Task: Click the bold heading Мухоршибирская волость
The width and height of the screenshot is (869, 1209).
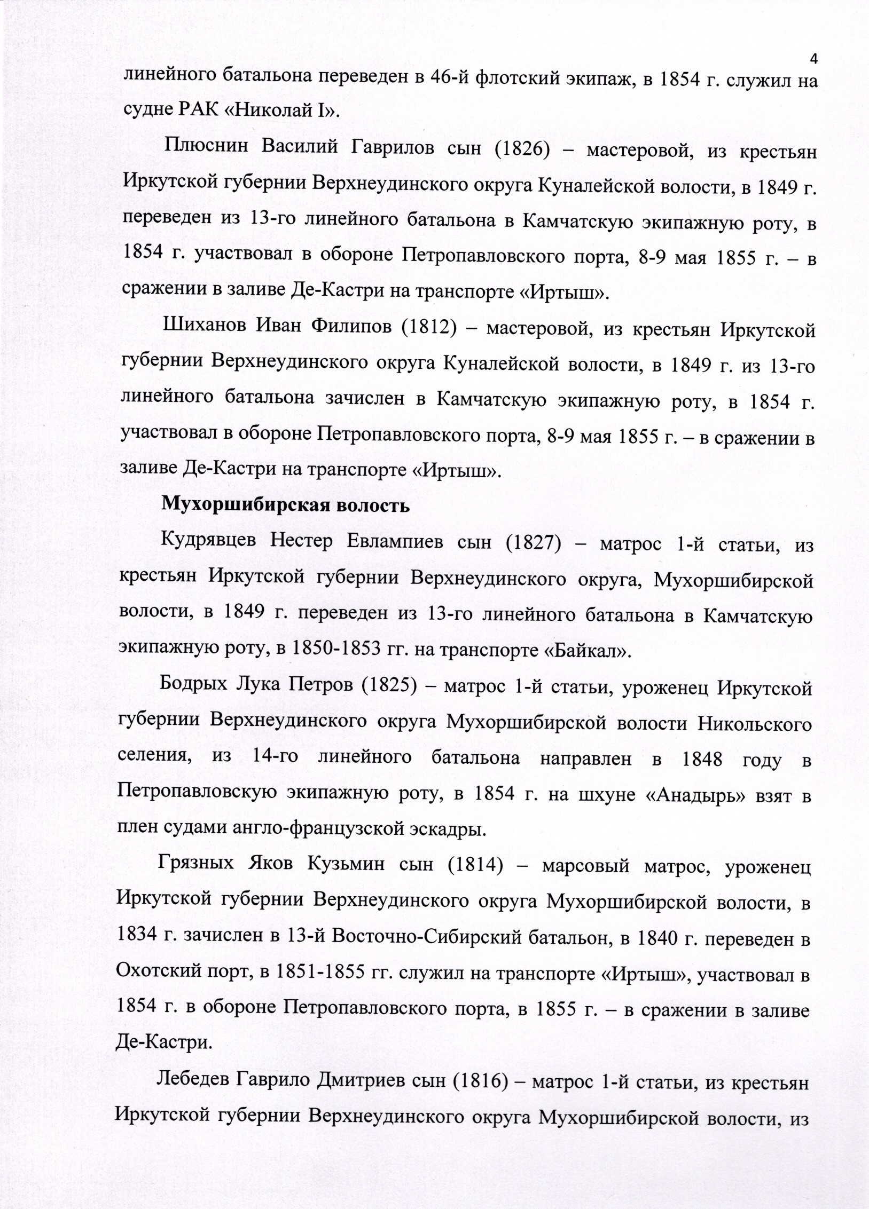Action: [x=286, y=504]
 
